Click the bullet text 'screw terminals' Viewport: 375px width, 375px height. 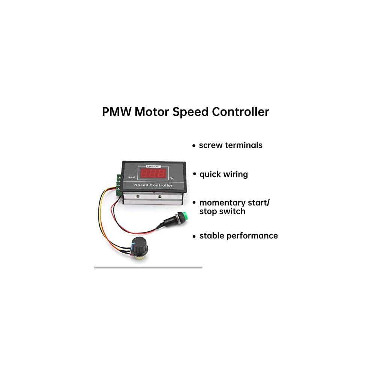tap(231, 145)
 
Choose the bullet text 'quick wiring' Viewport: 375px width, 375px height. tap(223, 174)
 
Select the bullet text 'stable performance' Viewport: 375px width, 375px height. tap(238, 236)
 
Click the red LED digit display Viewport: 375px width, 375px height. tap(152, 173)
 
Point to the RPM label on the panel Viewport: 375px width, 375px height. tap(131, 177)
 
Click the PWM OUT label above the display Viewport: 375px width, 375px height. tap(152, 166)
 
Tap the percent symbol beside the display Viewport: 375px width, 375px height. tap(171, 178)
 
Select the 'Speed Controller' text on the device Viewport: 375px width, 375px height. tap(153, 185)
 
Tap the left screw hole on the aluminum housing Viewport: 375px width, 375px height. tap(138, 196)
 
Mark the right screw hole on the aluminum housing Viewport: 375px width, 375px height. tap(160, 196)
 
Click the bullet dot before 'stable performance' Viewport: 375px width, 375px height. tap(194, 236)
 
